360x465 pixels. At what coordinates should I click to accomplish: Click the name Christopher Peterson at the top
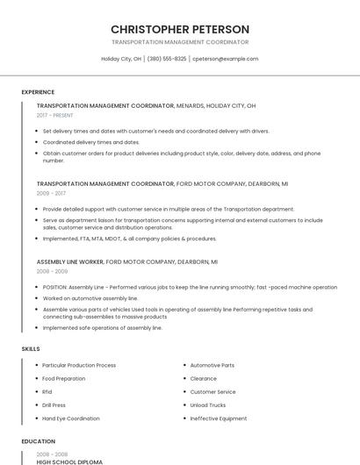click(180, 29)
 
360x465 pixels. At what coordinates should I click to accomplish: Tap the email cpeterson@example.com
click(225, 59)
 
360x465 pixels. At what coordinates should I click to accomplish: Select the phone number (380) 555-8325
click(167, 59)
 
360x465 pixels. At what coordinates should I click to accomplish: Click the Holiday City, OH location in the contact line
click(121, 59)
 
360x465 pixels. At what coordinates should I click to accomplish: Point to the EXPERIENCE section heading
click(38, 92)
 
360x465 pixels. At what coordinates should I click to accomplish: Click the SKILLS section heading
click(31, 349)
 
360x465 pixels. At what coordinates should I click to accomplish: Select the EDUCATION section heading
click(38, 441)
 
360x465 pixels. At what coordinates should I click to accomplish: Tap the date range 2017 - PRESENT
click(55, 115)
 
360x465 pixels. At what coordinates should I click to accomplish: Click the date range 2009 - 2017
click(51, 193)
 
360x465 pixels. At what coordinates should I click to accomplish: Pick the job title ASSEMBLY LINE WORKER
click(69, 261)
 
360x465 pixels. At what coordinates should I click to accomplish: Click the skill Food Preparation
click(64, 378)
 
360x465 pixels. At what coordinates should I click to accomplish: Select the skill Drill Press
click(54, 405)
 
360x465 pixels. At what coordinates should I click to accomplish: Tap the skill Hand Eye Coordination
click(71, 418)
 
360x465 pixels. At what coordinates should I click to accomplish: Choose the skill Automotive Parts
click(212, 365)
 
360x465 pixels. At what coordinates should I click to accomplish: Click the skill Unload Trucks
click(208, 405)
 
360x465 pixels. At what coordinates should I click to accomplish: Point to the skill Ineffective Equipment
click(219, 418)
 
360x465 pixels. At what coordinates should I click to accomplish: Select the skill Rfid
click(47, 392)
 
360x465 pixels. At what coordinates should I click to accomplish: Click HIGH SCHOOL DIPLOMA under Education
click(69, 461)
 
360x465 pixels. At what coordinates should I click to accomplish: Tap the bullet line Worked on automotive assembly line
click(90, 298)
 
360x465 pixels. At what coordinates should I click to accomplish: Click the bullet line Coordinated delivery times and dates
click(91, 141)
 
